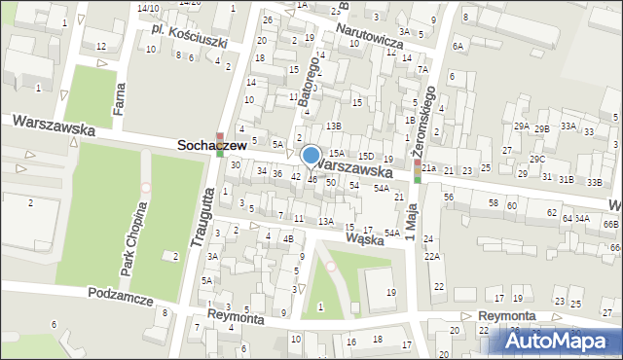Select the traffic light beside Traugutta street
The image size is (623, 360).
point(220,144)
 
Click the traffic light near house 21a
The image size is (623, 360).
point(418,171)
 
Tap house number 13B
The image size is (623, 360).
point(334,126)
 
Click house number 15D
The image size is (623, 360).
point(365,156)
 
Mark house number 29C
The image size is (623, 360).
point(536,159)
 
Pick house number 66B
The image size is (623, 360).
point(609,224)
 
